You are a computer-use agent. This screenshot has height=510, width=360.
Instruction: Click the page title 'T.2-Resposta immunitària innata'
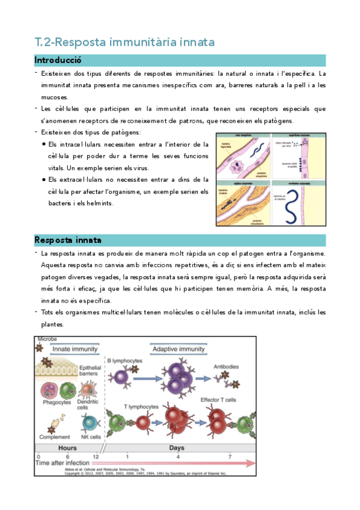[124, 42]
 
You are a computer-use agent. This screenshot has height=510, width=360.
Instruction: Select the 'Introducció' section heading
[58, 61]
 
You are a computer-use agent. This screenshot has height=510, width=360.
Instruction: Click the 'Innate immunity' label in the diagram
[75, 348]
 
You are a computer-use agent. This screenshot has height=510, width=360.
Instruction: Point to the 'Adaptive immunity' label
[178, 348]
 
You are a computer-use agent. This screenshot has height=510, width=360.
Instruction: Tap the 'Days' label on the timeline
[177, 447]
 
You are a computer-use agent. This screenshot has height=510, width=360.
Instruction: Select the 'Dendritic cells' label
[90, 404]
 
